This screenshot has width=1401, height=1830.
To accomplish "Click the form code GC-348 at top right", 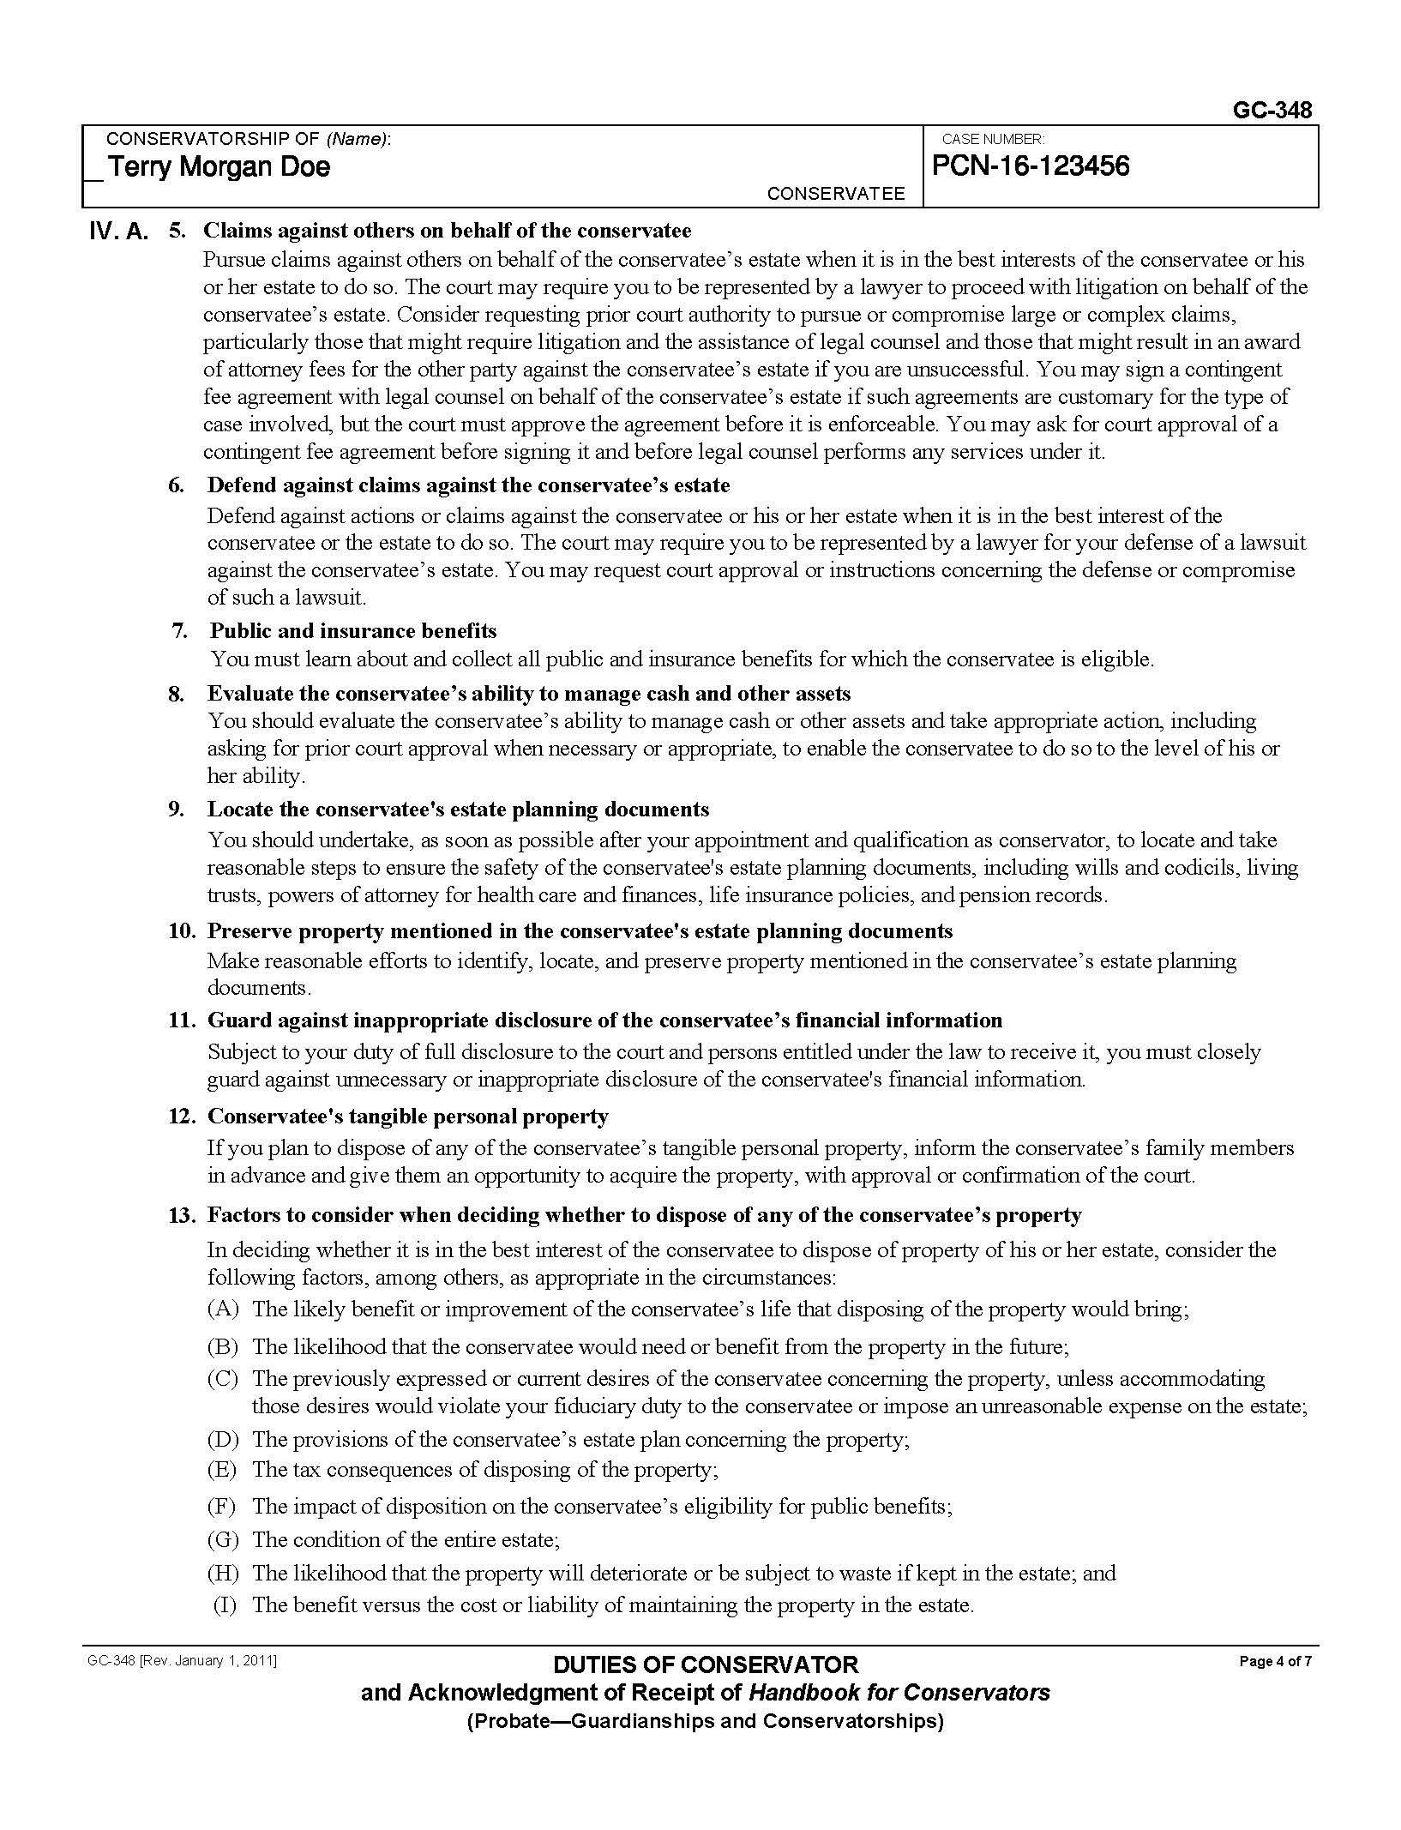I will tap(1272, 111).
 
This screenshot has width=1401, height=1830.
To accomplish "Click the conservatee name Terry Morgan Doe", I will tap(219, 166).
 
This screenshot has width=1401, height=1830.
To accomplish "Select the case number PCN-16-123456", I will tap(1030, 166).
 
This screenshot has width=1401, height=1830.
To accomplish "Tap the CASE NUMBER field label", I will tap(992, 139).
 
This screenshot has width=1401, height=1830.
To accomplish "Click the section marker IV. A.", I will tap(118, 232).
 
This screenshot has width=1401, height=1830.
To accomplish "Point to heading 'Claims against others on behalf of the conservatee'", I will tap(447, 231).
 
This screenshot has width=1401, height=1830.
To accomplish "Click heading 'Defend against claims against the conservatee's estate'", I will tap(468, 485).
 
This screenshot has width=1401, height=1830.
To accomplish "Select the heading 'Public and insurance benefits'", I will tap(353, 631).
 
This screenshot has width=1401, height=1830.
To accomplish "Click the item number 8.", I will tap(176, 694).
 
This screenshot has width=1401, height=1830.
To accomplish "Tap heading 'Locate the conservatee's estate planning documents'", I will tap(458, 810).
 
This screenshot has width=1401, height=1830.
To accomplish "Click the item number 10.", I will tap(181, 931).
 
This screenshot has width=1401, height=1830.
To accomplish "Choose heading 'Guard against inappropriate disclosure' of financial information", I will tap(604, 1020).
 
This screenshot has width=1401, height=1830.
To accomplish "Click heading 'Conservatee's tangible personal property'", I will tap(407, 1117).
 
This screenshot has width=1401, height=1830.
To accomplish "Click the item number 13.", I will tap(181, 1215).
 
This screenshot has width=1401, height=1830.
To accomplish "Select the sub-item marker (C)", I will tap(223, 1379).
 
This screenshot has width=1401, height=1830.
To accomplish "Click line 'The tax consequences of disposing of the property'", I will tap(484, 1469).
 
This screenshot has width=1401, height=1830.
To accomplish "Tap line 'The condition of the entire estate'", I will tap(406, 1539).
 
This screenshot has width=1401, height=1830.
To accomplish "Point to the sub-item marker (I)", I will tap(225, 1605).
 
